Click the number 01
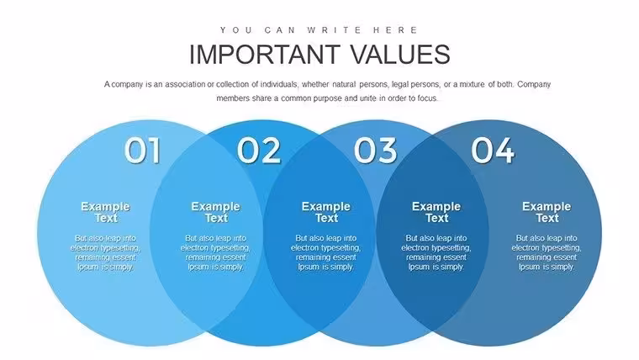pyautogui.click(x=142, y=150)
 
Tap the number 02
pyautogui.click(x=259, y=150)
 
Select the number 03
pyautogui.click(x=375, y=150)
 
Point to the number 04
pyautogui.click(x=493, y=150)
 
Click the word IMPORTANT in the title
pyautogui.click(x=265, y=54)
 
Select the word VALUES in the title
pyautogui.click(x=400, y=54)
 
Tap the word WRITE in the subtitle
pyautogui.click(x=335, y=30)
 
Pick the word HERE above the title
pyautogui.click(x=395, y=30)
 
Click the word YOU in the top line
pyautogui.click(x=237, y=30)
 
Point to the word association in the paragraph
pyautogui.click(x=185, y=84)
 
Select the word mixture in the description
pyautogui.click(x=473, y=84)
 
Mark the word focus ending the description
pyautogui.click(x=428, y=98)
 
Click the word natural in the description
pyautogui.click(x=344, y=84)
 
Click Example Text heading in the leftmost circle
pyautogui.click(x=106, y=212)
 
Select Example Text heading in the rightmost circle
pyautogui.click(x=547, y=212)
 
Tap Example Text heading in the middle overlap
pyautogui.click(x=326, y=212)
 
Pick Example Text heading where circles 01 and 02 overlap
pyautogui.click(x=215, y=212)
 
